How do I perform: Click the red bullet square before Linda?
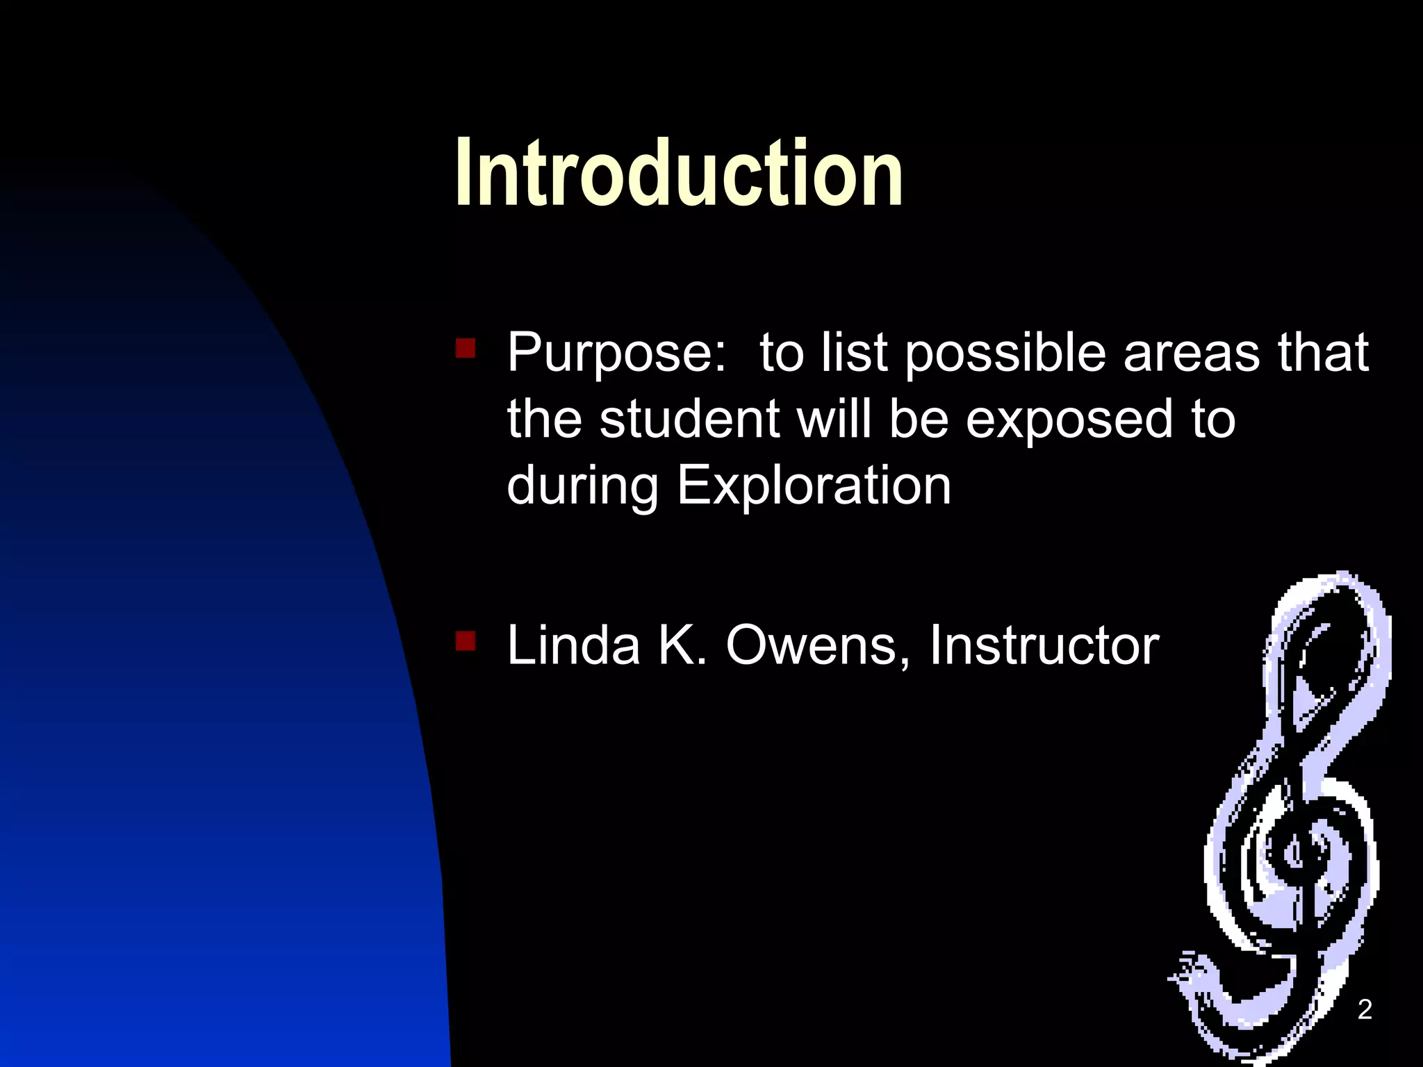coord(465,640)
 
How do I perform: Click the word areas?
coord(1191,353)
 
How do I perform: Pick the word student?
coord(689,420)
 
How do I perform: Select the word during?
coord(582,486)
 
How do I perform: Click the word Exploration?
coord(814,486)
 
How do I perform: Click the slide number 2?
coord(1365,1009)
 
